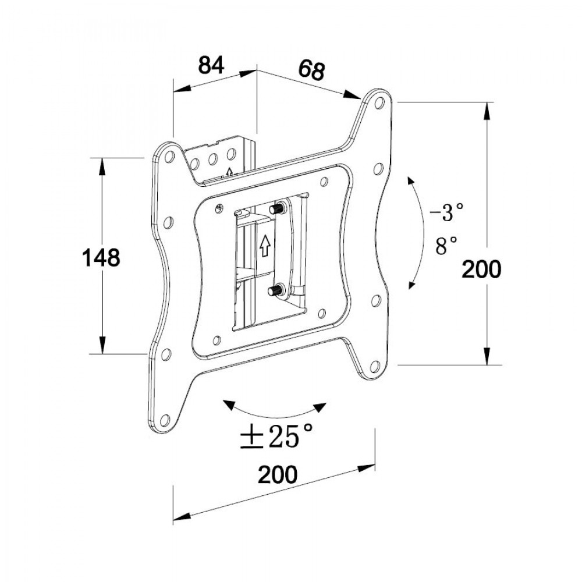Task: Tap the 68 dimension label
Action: click(311, 70)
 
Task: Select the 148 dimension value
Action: click(100, 257)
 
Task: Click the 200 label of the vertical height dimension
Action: click(481, 269)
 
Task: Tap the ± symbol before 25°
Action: click(250, 436)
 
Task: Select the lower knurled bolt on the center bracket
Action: click(274, 289)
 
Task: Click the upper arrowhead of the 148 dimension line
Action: click(102, 166)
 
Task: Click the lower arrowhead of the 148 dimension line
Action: click(102, 345)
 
